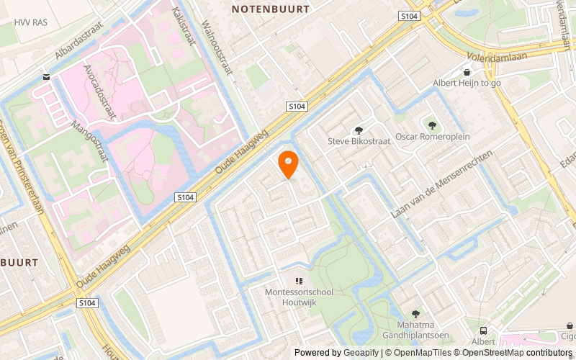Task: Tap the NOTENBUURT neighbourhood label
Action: pos(271,9)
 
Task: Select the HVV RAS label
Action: pos(31,22)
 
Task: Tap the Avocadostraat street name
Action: pos(102,89)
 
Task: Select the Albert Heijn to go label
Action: pos(467,83)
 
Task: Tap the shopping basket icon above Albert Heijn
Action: pos(467,72)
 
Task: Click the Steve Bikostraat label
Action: pos(359,141)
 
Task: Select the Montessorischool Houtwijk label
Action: pos(298,297)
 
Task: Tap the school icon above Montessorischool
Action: pos(298,281)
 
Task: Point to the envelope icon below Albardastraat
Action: pos(47,76)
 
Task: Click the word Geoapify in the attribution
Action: pos(364,353)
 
